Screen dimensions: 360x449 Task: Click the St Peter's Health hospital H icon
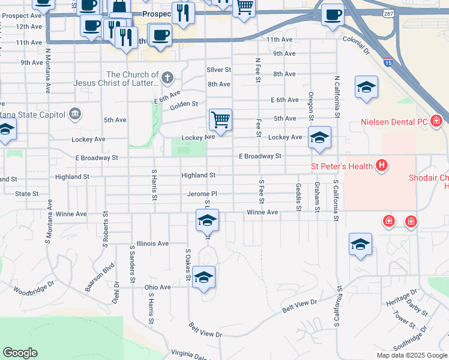click(x=381, y=165)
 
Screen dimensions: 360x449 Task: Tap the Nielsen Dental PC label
click(x=394, y=122)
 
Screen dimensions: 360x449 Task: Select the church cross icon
click(x=167, y=77)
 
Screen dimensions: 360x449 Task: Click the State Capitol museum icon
click(x=75, y=113)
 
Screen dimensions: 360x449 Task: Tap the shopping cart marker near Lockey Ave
click(x=220, y=120)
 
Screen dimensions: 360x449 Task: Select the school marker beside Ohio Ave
click(x=203, y=277)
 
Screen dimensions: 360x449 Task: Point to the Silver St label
click(x=219, y=70)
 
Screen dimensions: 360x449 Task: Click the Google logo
click(x=20, y=353)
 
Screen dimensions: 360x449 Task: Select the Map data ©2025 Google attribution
click(x=411, y=355)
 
